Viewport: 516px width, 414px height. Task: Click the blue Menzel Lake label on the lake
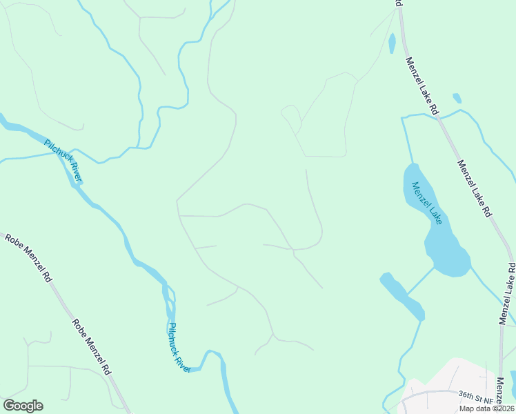pyautogui.click(x=426, y=202)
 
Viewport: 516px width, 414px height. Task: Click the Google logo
pyautogui.click(x=23, y=406)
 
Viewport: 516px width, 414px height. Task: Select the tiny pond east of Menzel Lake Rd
pyautogui.click(x=457, y=98)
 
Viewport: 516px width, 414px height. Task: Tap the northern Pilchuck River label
pyautogui.click(x=63, y=161)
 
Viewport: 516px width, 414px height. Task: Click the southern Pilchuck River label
pyautogui.click(x=179, y=348)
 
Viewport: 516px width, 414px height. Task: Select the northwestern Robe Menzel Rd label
pyautogui.click(x=28, y=257)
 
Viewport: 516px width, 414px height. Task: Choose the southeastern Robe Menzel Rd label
pyautogui.click(x=90, y=346)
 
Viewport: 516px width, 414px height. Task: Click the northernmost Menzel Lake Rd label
pyautogui.click(x=422, y=86)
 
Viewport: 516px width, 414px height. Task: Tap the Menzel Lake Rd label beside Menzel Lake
pyautogui.click(x=474, y=186)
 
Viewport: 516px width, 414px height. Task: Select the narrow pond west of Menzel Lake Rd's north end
pyautogui.click(x=392, y=43)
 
